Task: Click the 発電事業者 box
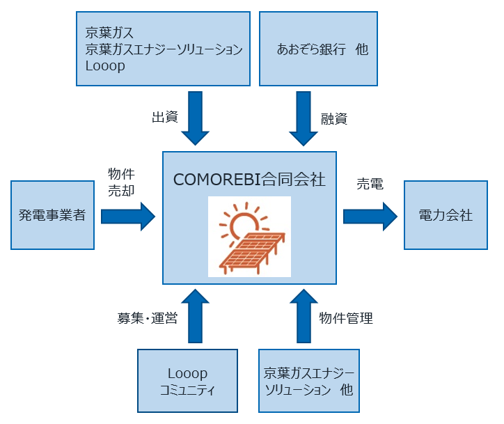[53, 215]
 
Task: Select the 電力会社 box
[446, 215]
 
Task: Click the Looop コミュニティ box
[188, 382]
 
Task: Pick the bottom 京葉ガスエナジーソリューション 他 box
[308, 382]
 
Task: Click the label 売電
[370, 184]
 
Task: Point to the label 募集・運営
[147, 319]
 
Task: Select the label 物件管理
[346, 319]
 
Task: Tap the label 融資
[334, 118]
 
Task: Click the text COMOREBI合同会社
[249, 180]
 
